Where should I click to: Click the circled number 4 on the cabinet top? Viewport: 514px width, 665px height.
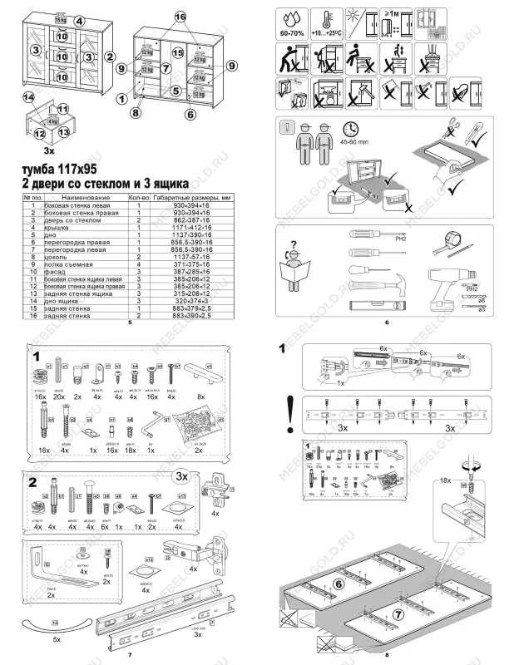78,20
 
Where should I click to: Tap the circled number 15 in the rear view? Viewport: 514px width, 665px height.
177,52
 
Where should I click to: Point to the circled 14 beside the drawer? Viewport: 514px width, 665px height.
29,98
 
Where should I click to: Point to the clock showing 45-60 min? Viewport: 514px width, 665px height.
350,128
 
